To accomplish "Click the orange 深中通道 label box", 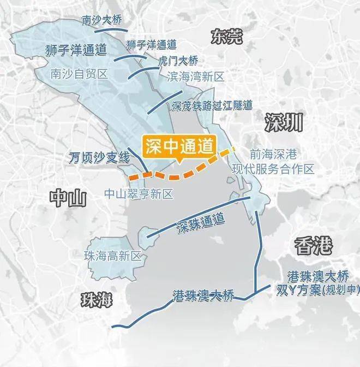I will coord(179,147).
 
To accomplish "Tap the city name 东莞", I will coord(227,37).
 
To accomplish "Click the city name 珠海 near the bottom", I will coord(95,300).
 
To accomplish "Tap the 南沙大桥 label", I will coord(101,21).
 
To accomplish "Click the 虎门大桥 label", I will coord(178,60).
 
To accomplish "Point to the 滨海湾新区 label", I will coord(195,77).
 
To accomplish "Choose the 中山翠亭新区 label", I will coord(138,193).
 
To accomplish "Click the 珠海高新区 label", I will coord(112,255).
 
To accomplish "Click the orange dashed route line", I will coord(180,175).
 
